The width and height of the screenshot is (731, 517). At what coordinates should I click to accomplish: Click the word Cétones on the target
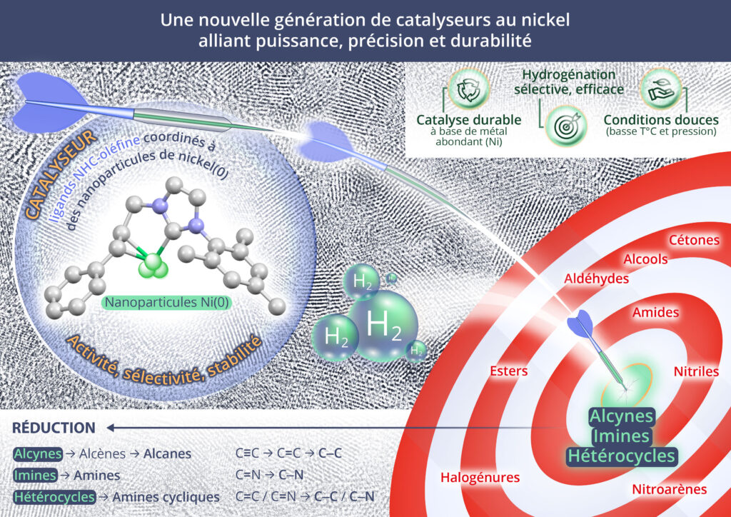tap(694, 240)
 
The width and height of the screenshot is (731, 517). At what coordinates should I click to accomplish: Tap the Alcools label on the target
tap(645, 258)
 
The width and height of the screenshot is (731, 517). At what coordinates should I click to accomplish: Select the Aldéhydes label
tap(597, 278)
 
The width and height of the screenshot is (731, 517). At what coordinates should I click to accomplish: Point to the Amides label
tap(655, 312)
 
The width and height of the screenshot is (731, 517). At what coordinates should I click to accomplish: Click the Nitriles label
tap(696, 371)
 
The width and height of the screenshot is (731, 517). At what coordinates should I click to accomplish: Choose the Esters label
tap(509, 371)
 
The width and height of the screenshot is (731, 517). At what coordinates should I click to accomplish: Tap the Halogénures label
tap(480, 477)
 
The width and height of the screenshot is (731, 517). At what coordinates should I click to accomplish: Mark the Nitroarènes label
tap(670, 489)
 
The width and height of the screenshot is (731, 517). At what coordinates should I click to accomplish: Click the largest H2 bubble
tap(383, 325)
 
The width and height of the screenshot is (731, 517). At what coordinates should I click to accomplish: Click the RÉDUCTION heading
tap(54, 428)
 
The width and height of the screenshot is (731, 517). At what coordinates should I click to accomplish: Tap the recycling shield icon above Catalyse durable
tap(469, 89)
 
